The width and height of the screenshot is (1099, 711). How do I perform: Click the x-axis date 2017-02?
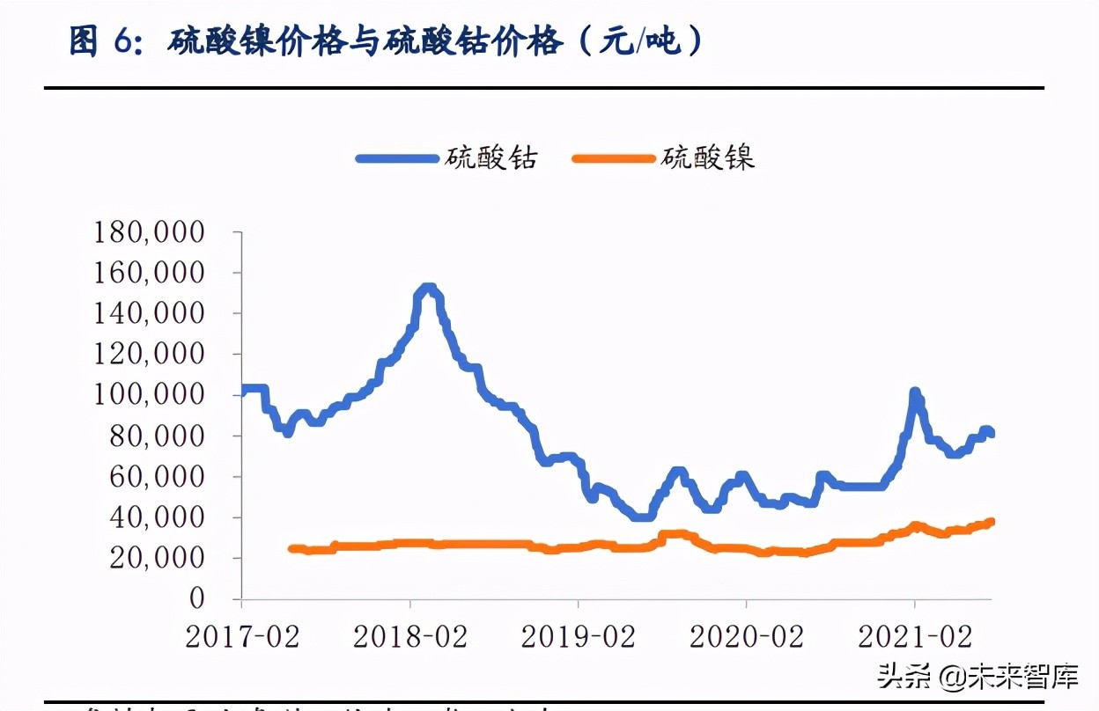[242, 637]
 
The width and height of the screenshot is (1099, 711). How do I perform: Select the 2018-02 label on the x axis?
[410, 637]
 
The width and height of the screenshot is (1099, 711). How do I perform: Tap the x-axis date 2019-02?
[579, 637]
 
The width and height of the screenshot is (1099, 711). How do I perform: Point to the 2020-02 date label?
[747, 637]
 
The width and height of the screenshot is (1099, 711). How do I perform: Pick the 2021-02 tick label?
[915, 637]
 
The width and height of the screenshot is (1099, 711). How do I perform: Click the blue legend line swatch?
[396, 158]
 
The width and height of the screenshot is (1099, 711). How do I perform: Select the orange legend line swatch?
[614, 158]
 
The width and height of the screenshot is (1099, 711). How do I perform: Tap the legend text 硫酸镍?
[709, 158]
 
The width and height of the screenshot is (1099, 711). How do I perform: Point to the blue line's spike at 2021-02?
[915, 392]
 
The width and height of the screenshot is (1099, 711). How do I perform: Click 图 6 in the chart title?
[100, 42]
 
